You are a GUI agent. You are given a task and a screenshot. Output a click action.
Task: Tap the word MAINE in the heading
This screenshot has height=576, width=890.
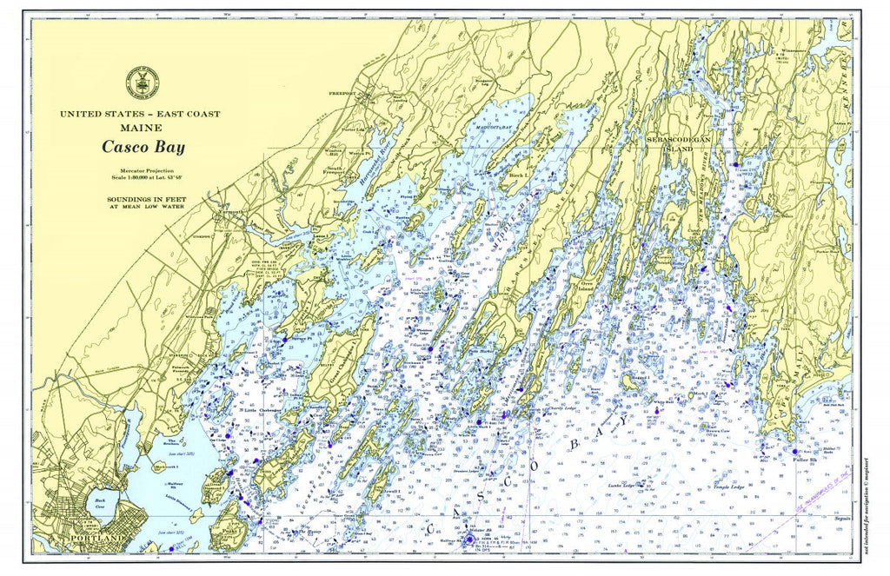138,128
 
